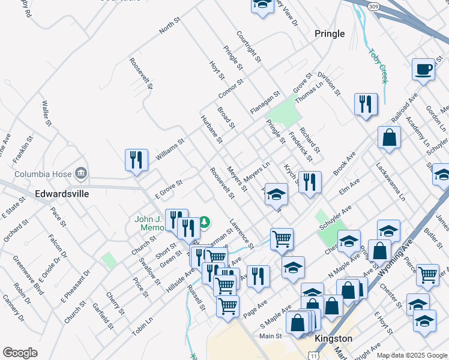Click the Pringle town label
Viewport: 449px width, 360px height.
pyautogui.click(x=330, y=34)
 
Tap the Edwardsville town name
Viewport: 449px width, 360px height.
pyautogui.click(x=62, y=194)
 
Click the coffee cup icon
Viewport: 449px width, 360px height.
pyautogui.click(x=423, y=69)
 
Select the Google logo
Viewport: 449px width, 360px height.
pyautogui.click(x=20, y=353)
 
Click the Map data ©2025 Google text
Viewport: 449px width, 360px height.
pyautogui.click(x=412, y=355)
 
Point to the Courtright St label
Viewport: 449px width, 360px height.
pyautogui.click(x=249, y=47)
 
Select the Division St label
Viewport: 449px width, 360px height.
pyautogui.click(x=329, y=84)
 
